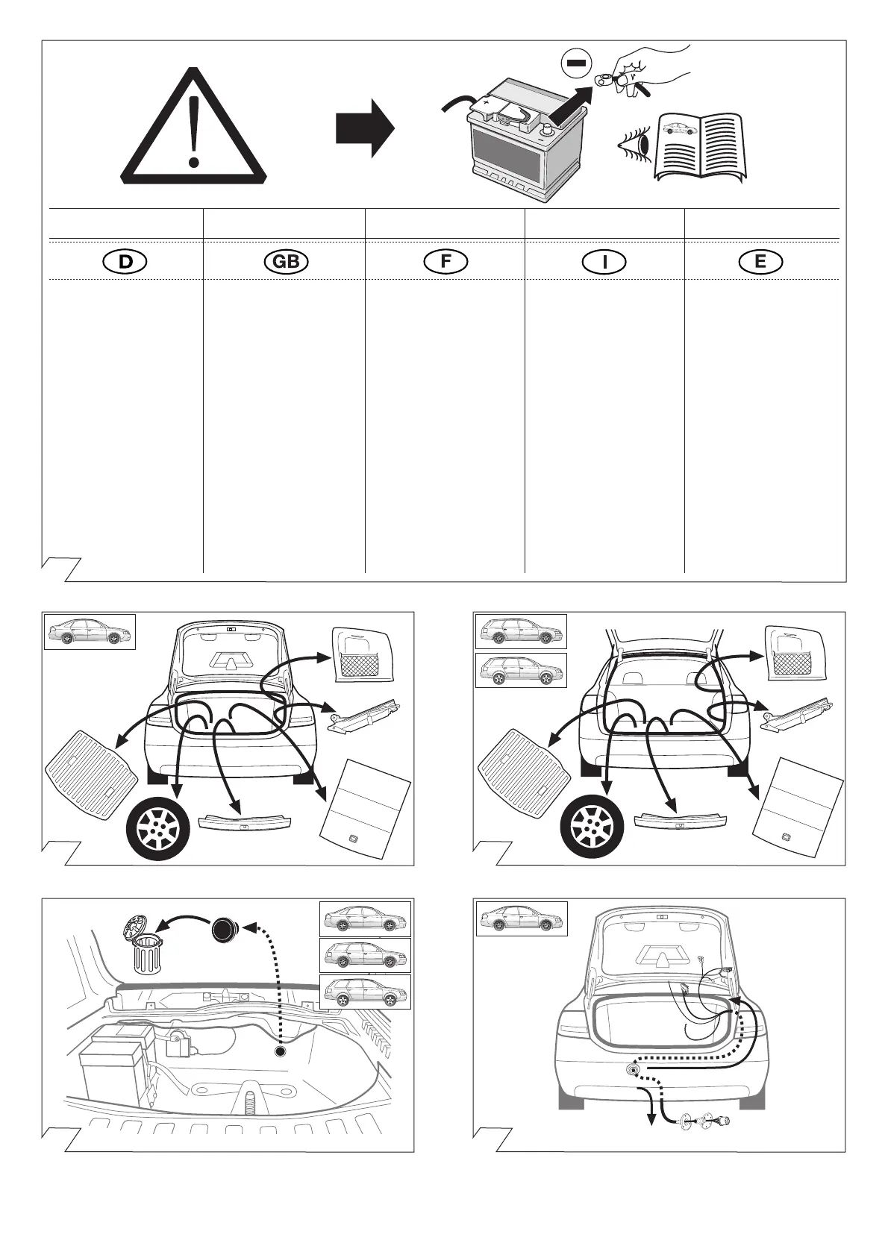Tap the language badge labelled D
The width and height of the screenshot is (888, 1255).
[x=125, y=262]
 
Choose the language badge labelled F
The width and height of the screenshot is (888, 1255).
[x=445, y=262]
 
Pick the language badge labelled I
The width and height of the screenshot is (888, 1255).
[x=604, y=262]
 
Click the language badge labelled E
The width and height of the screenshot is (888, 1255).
[x=760, y=262]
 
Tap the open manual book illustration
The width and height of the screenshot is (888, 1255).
[x=700, y=145]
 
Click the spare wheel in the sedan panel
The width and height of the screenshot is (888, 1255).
[x=159, y=830]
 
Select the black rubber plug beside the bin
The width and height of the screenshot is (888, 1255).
[x=224, y=930]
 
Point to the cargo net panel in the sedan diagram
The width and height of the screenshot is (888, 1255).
[x=362, y=653]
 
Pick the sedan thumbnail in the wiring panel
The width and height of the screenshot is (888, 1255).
[x=522, y=918]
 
